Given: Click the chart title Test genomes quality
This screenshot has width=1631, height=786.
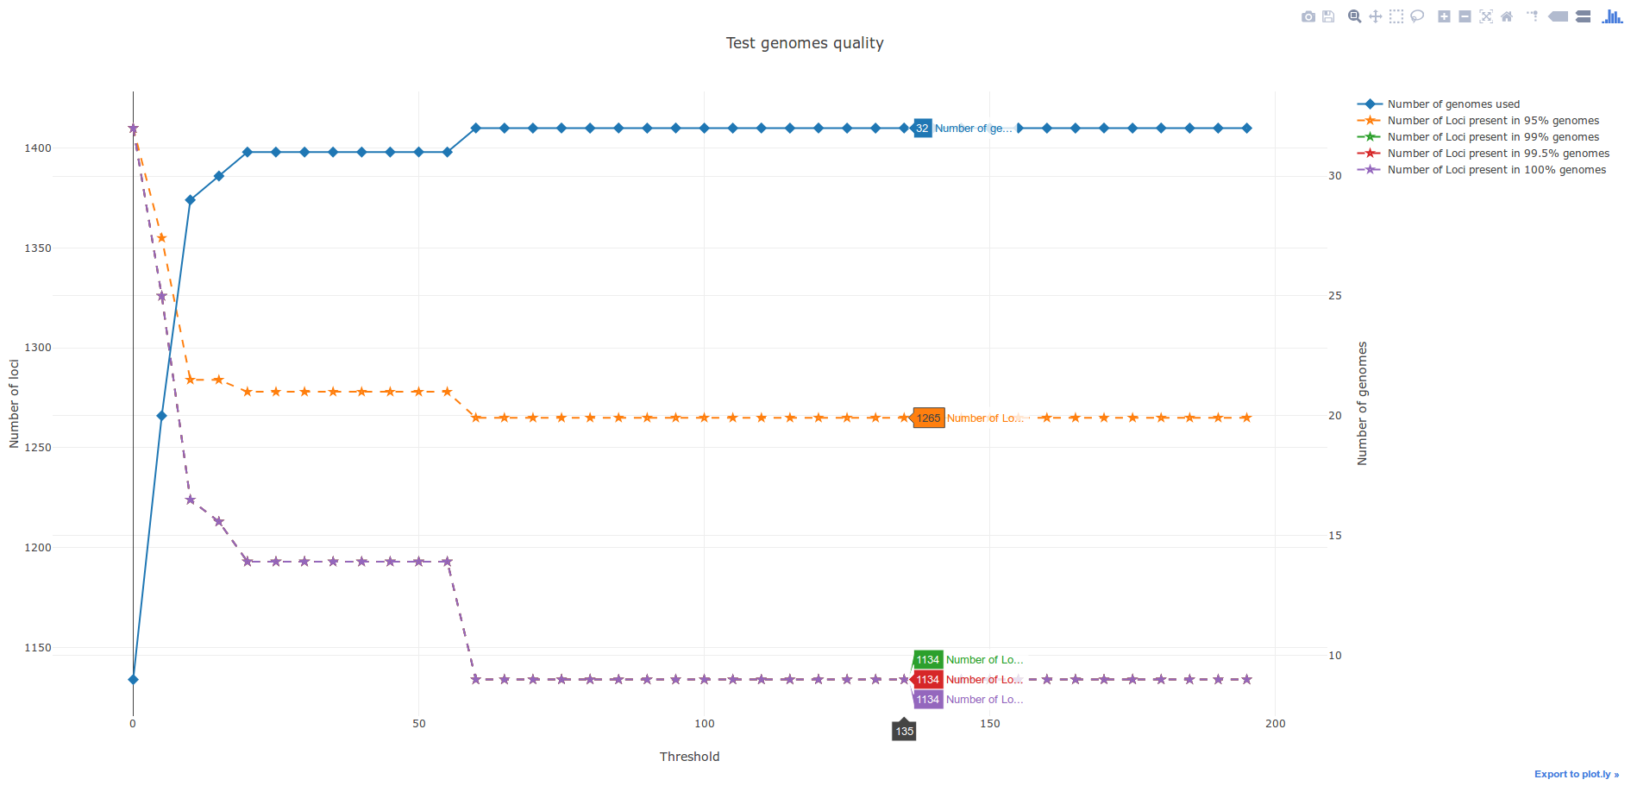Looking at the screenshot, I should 805,43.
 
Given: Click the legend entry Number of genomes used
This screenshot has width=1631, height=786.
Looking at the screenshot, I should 1453,104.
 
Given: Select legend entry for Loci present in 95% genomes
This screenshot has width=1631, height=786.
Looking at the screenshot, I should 1493,121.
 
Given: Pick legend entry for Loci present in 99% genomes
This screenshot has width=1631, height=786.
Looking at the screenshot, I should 1493,137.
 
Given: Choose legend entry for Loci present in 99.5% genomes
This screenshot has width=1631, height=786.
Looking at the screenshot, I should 1498,154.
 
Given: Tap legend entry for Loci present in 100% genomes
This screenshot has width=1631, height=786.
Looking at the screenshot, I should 1496,170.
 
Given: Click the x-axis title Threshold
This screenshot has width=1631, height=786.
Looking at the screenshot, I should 689,757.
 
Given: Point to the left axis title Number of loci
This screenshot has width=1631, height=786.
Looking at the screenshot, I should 14,404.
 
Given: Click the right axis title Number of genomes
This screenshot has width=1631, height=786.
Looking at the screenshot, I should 1363,404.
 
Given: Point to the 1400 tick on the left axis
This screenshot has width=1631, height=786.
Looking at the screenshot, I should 38,148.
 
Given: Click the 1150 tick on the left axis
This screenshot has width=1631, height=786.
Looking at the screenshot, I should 38,648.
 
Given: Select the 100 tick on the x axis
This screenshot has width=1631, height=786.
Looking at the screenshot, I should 705,724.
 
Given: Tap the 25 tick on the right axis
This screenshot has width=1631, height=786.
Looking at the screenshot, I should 1335,296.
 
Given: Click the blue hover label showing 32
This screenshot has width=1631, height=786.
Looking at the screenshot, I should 922,129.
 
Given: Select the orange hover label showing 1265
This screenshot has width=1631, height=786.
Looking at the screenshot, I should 928,418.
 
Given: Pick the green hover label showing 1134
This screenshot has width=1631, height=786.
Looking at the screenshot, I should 927,660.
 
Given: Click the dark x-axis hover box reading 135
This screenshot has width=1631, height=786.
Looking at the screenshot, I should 904,732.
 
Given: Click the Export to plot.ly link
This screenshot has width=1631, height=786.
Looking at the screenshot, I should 1576,774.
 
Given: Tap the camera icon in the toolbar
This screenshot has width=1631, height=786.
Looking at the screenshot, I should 1308,16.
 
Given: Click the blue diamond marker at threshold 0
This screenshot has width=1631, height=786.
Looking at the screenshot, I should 133,680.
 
